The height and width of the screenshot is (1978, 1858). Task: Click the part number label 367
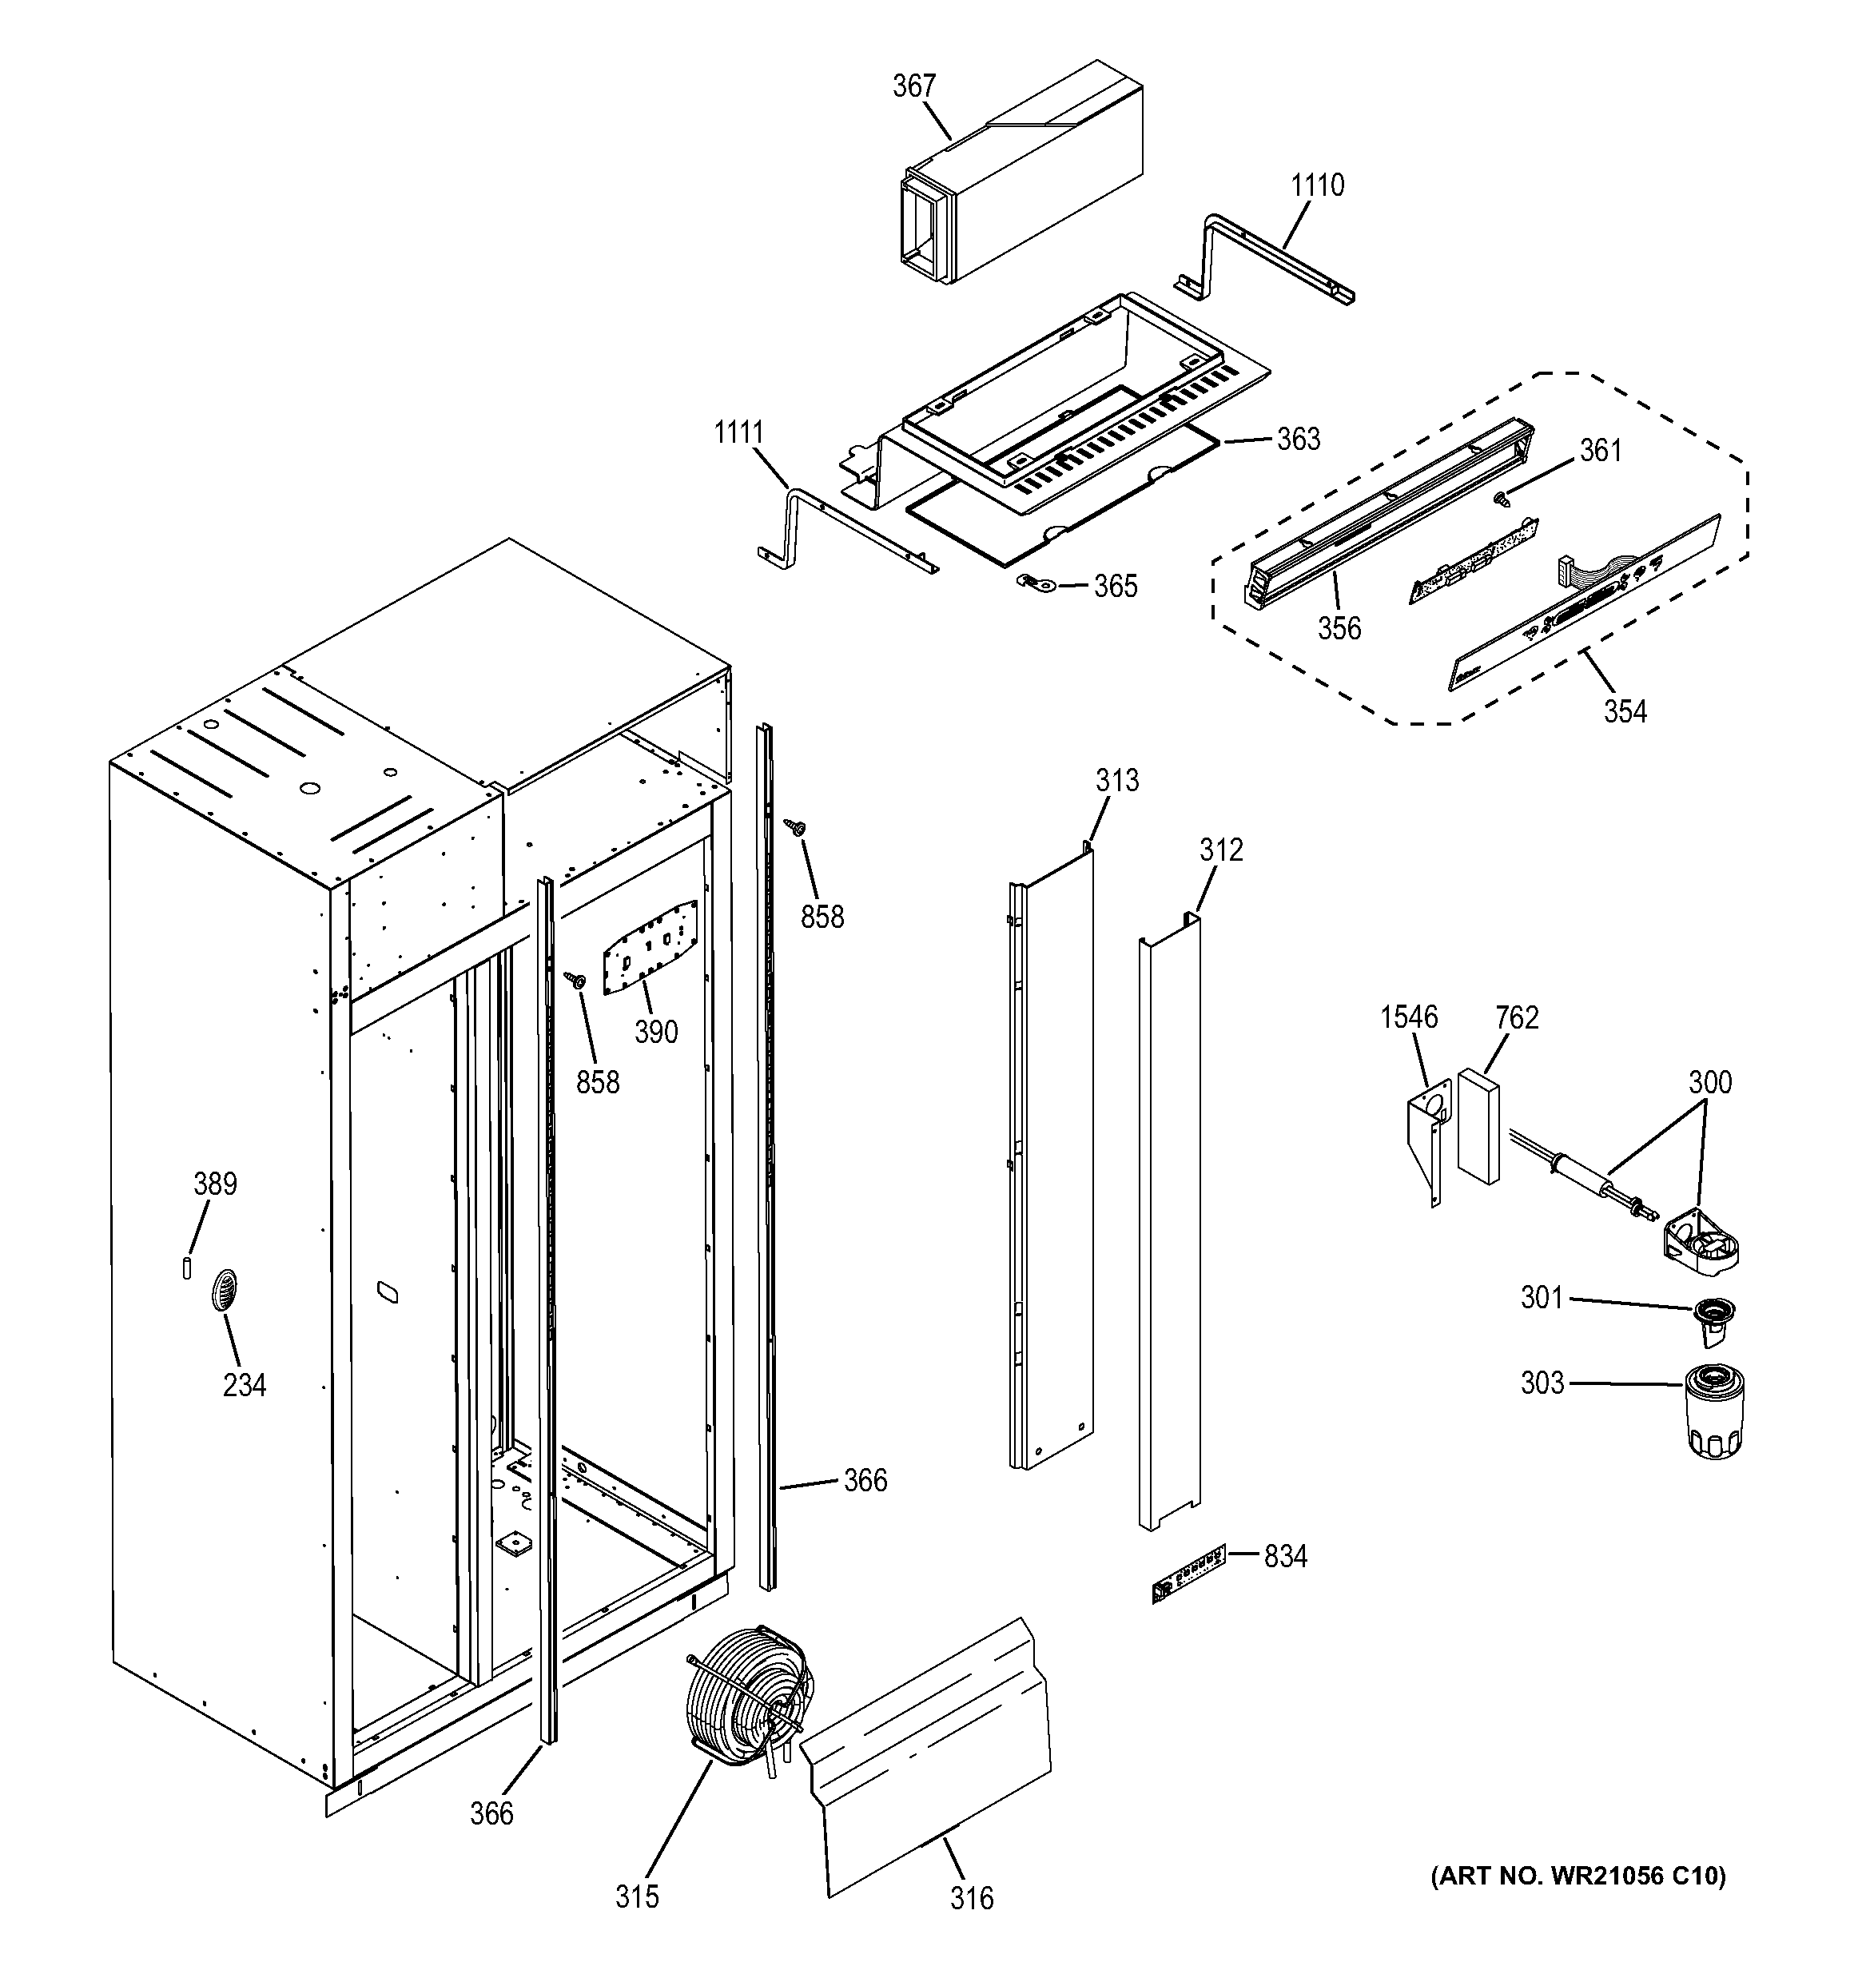[x=913, y=86]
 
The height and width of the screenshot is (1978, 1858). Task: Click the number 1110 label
[x=1317, y=185]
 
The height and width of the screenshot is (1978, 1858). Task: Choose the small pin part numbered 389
[x=187, y=1268]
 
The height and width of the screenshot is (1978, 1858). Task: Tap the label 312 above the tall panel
[x=1220, y=850]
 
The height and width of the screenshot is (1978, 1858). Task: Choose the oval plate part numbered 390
[x=650, y=945]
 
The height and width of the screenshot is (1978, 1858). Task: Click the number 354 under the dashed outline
[x=1625, y=711]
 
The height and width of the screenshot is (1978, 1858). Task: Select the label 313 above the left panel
[x=1117, y=780]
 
